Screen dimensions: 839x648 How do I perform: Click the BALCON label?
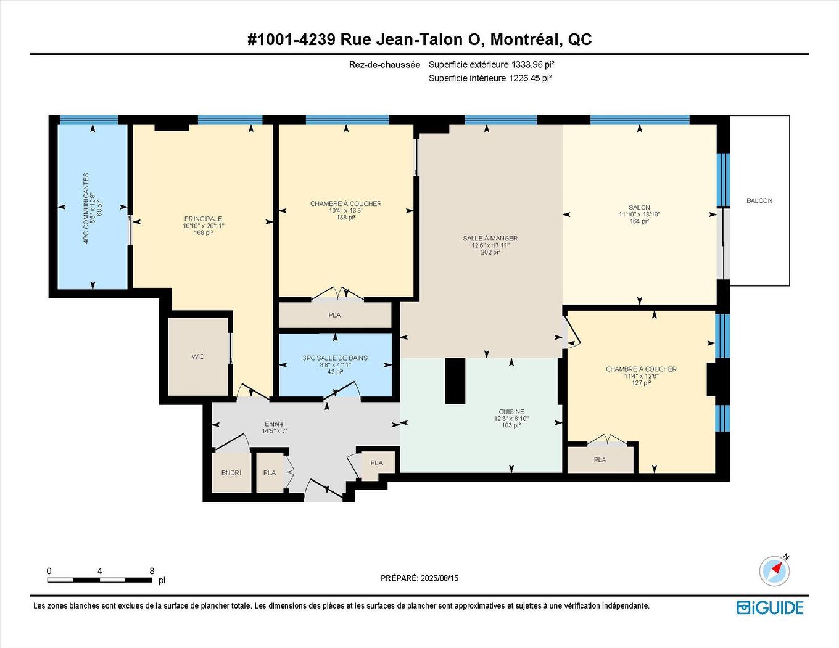(759, 200)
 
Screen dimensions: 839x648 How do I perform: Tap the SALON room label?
(639, 208)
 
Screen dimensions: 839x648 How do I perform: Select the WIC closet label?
(197, 356)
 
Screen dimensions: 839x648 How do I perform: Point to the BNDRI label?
(231, 472)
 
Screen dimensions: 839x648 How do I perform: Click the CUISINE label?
(511, 412)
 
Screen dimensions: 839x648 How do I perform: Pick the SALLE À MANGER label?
(490, 239)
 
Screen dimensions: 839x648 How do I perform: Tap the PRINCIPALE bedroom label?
(203, 219)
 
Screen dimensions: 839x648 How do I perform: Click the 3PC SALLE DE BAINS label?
(335, 358)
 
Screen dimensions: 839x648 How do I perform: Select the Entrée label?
(274, 424)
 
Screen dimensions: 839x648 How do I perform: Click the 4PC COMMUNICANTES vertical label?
(86, 208)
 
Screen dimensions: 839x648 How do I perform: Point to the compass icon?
(774, 572)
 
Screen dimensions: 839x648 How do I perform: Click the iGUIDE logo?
(770, 607)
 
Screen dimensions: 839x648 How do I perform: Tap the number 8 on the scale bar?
(152, 571)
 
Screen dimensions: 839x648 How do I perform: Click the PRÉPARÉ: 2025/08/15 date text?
(419, 578)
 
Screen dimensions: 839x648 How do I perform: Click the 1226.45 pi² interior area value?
(531, 78)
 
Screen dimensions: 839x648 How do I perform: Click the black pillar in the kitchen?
(455, 380)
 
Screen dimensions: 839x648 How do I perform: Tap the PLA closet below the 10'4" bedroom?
(334, 314)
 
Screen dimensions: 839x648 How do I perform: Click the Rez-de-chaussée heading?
(384, 64)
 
